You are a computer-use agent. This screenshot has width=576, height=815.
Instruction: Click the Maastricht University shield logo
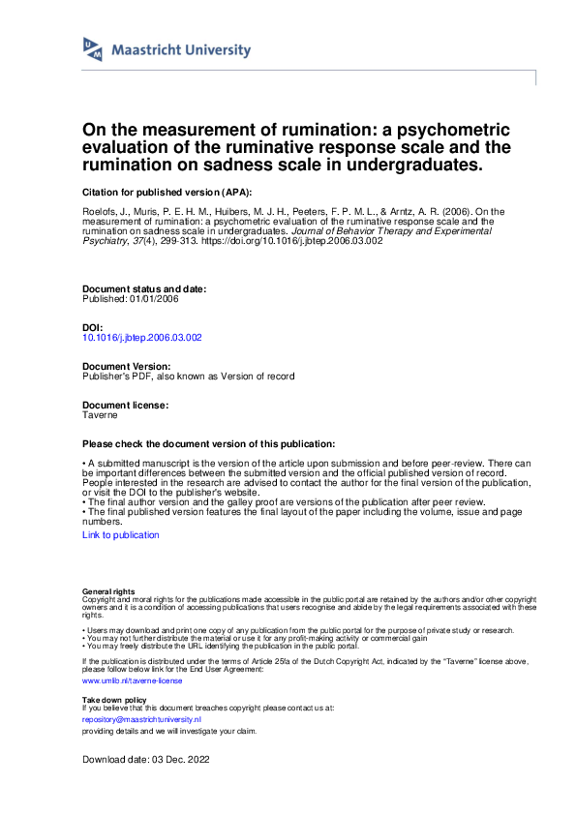[x=93, y=50]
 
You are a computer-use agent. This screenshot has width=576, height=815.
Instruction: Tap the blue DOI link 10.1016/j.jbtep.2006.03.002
[x=142, y=338]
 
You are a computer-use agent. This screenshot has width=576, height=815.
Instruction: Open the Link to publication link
[x=121, y=534]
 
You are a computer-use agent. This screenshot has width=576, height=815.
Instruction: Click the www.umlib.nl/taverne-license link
[x=118, y=680]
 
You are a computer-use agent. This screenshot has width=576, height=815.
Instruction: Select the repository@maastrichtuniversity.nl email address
[x=141, y=720]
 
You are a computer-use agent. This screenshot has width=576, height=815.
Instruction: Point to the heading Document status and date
[x=144, y=289]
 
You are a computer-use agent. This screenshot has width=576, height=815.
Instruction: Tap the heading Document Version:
[x=128, y=367]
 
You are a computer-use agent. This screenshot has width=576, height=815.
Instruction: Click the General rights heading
[x=108, y=590]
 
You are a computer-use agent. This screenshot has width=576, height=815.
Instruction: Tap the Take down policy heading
[x=114, y=699]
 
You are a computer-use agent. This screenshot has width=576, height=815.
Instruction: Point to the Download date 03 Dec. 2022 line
[x=145, y=760]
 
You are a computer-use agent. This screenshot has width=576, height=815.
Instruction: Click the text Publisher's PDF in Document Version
[x=115, y=376]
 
